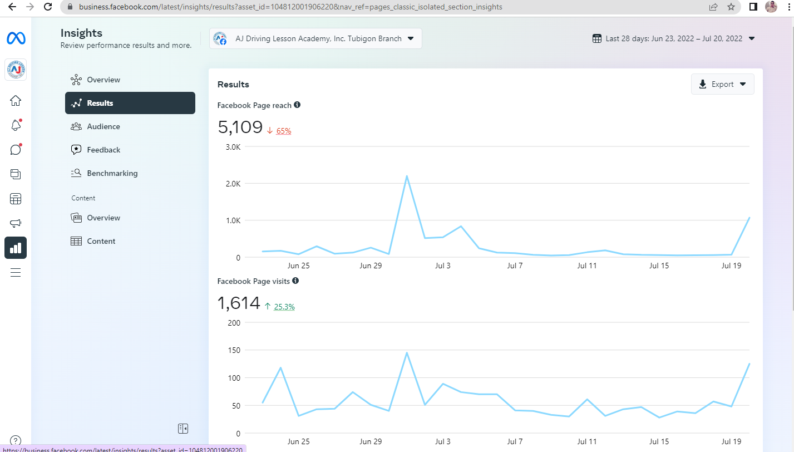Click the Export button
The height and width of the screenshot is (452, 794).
coord(722,85)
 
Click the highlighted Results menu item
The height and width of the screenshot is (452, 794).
coord(130,103)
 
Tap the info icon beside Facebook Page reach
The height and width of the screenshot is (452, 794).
coord(297,105)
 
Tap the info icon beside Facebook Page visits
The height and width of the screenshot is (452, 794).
coord(295,281)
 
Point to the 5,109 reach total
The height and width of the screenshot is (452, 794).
coord(240,127)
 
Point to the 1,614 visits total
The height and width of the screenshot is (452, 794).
coord(239,303)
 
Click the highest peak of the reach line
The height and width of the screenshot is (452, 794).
coord(407,176)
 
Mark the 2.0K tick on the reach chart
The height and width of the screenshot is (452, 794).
coord(233,184)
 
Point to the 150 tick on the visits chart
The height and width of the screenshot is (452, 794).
coord(234,350)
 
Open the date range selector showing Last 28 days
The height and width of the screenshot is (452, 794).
coord(673,38)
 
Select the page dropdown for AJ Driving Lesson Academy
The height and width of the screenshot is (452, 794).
coord(315,38)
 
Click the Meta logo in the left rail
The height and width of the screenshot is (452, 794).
coord(16,38)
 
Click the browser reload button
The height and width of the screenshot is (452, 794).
coord(48,7)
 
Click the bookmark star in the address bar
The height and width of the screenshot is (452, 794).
coord(731,7)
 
